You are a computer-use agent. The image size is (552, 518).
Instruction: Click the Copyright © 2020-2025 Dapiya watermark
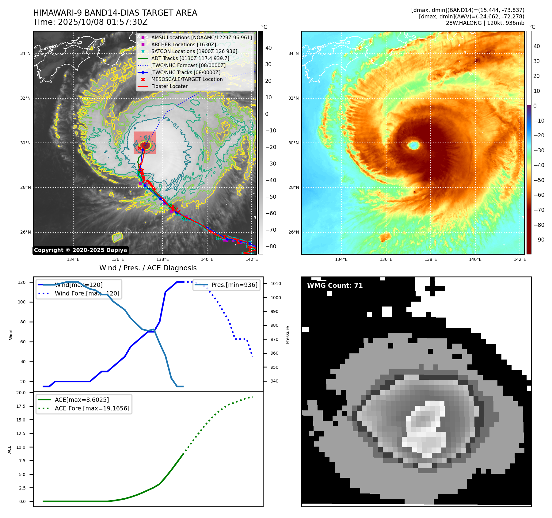80,250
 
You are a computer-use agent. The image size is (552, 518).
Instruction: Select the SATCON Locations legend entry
194,51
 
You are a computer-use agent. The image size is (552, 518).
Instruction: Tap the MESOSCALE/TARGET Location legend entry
187,79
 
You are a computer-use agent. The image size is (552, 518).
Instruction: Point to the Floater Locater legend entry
169,86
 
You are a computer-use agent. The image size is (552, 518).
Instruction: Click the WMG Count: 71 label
335,286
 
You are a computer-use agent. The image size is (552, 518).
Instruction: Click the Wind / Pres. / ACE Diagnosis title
148,268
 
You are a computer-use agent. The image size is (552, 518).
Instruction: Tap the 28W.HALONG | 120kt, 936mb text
485,23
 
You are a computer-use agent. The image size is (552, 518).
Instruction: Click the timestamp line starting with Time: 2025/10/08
90,22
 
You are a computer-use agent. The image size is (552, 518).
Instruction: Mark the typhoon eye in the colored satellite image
414,145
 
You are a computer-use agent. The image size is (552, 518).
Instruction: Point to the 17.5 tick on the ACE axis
21,406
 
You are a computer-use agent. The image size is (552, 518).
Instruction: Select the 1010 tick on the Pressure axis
276,284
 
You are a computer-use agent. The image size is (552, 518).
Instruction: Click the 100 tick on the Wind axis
22,302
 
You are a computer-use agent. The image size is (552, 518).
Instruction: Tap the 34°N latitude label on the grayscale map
25,54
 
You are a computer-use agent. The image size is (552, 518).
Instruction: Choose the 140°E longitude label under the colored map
475,260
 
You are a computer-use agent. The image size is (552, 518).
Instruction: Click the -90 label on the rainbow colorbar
539,240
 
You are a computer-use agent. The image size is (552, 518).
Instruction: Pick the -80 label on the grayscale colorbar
271,246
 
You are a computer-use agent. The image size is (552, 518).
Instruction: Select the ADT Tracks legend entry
190,59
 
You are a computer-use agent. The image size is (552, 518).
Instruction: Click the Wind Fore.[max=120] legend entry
87,294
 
